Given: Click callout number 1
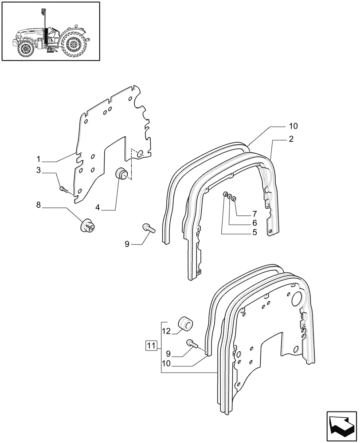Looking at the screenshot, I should pos(39,158).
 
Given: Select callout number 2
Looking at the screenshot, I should pos(291,139).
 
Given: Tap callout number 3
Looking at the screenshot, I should pos(39,170).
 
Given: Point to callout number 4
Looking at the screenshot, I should pos(98,206).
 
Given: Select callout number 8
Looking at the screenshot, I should pos(39,205).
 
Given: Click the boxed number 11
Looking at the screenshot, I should pos(151,346).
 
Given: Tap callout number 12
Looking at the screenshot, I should pos(166,330).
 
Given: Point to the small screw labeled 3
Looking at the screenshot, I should pos(63,190).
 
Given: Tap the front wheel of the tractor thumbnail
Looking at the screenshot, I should pos(26,49).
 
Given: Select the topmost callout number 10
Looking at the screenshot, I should pos(293,126).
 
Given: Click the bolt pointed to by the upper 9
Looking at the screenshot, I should pos(149,229).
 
